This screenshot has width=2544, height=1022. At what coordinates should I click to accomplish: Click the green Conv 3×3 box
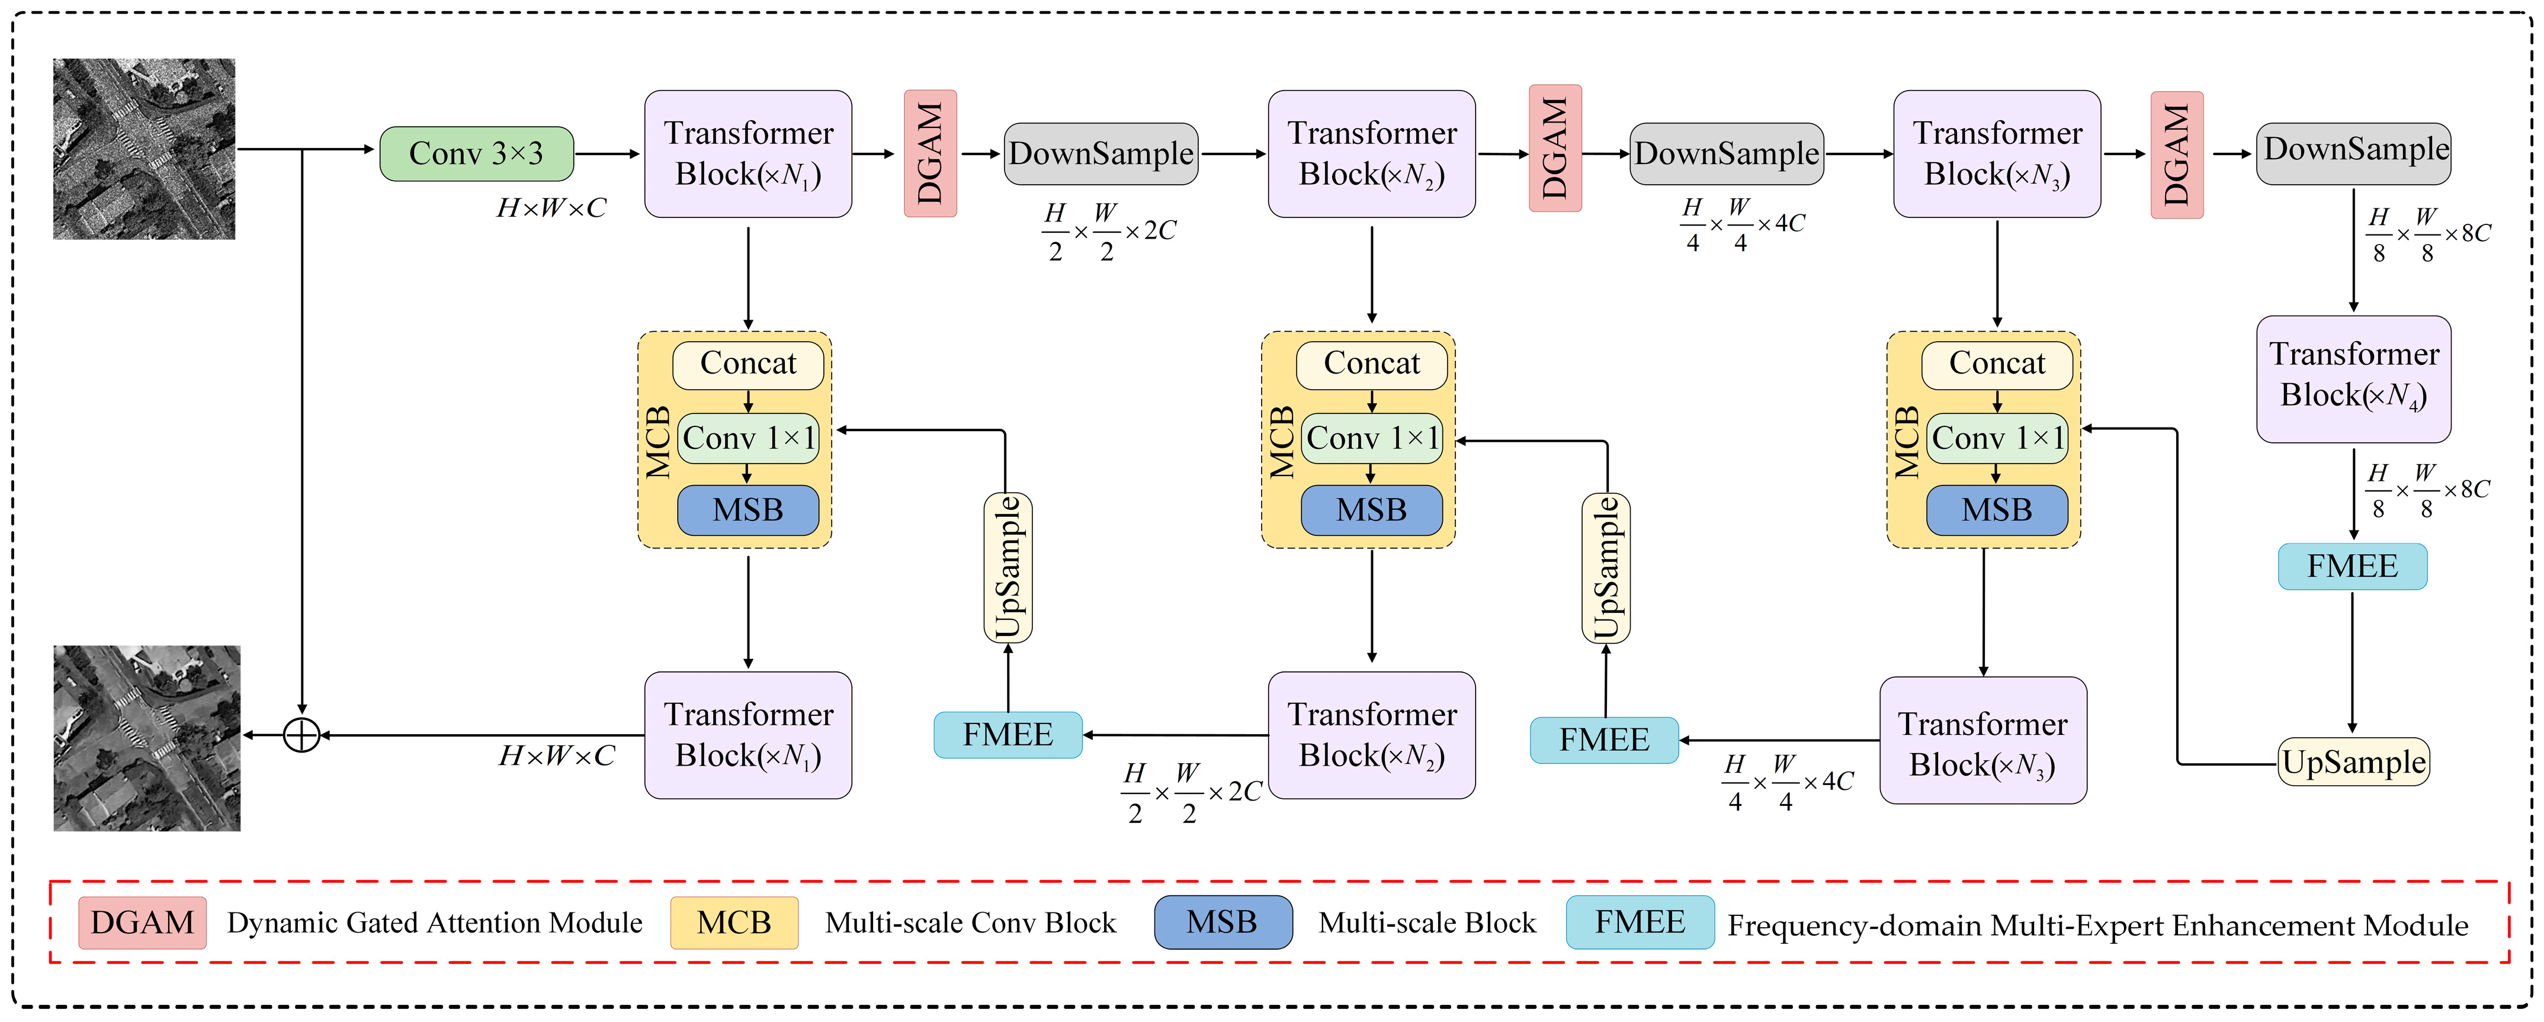[x=476, y=153]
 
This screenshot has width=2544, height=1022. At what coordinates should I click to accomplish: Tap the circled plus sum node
[x=301, y=735]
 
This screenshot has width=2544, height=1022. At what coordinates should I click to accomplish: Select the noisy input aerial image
[x=144, y=148]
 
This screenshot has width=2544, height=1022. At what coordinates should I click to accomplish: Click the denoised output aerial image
[x=146, y=738]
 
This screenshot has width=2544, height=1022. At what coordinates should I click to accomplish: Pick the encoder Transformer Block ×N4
[x=2353, y=378]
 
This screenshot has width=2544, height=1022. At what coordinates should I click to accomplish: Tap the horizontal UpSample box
[x=2353, y=762]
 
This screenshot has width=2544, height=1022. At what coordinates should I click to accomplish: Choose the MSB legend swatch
[x=1223, y=923]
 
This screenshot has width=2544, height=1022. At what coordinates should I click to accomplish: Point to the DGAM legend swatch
[x=142, y=923]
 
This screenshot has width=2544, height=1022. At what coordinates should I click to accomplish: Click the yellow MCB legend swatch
[x=734, y=923]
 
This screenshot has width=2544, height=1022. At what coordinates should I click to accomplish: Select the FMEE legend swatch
[x=1640, y=923]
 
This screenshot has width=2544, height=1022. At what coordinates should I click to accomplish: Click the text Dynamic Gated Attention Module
[x=435, y=923]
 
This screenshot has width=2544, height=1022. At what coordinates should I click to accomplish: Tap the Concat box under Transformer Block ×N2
[x=1372, y=364]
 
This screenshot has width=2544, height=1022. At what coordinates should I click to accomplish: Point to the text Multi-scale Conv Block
[x=971, y=923]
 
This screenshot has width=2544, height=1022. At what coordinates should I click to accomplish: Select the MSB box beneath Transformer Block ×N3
[x=1997, y=509]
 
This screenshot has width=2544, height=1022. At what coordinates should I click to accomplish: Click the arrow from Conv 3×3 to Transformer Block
[x=607, y=154]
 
